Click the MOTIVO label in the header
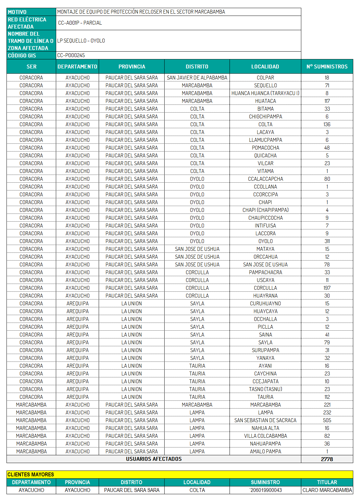point(17,12)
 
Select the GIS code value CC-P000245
point(71,55)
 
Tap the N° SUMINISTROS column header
point(327,67)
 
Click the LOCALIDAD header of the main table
point(265,67)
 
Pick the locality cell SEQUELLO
point(265,85)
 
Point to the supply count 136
point(327,124)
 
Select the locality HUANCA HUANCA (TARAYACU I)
point(265,93)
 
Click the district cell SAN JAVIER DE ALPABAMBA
point(197,78)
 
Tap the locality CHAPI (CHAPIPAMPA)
point(265,210)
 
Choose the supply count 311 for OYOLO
point(327,241)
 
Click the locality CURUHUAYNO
point(265,303)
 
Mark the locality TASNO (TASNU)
point(265,389)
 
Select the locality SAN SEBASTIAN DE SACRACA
point(265,420)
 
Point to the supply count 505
point(327,420)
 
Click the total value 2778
point(327,459)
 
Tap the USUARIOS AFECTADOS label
point(154,459)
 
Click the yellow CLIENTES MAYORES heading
point(31,474)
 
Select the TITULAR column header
point(327,482)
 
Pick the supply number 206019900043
point(265,490)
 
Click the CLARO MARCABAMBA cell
point(327,490)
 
